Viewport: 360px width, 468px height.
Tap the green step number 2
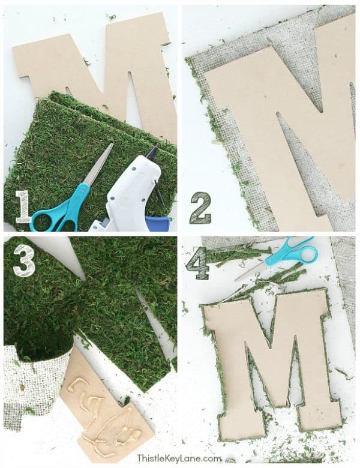[x=200, y=208]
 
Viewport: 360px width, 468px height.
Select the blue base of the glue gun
[x=157, y=223]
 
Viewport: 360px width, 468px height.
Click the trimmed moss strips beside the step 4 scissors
[x=240, y=255]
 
